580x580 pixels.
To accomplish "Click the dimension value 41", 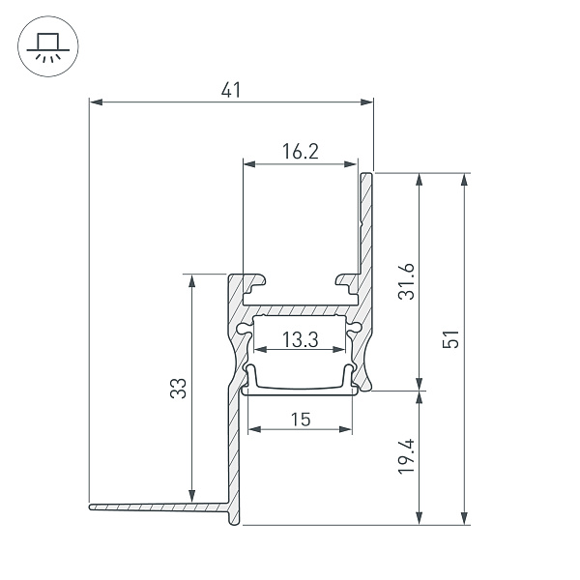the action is click(x=231, y=90).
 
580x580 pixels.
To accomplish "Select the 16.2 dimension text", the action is click(x=300, y=152).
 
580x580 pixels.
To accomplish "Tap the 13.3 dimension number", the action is click(x=300, y=339).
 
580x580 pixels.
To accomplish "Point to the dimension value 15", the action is click(x=301, y=420).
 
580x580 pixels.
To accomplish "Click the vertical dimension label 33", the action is click(x=179, y=388).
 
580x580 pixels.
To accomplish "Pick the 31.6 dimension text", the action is click(x=407, y=281).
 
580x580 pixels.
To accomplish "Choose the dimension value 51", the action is click(x=450, y=339).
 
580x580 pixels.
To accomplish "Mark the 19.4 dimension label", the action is click(x=407, y=456).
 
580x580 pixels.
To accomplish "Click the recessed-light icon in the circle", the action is click(x=48, y=46).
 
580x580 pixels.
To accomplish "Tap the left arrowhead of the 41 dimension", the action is click(x=96, y=102).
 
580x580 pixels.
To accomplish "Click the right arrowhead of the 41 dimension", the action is click(x=366, y=102).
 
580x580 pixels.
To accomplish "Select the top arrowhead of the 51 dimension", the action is click(x=465, y=180).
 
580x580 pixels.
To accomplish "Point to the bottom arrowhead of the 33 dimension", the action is click(x=191, y=496).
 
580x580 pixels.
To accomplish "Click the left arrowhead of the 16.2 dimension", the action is click(x=249, y=164).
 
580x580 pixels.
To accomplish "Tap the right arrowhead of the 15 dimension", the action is click(x=345, y=429).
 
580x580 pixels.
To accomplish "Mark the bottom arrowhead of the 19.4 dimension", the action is click(x=420, y=517).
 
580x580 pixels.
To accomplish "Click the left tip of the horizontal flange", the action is click(x=90, y=507).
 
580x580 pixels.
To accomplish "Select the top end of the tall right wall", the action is click(x=367, y=173).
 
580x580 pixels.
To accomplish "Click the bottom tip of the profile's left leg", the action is click(x=234, y=525).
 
